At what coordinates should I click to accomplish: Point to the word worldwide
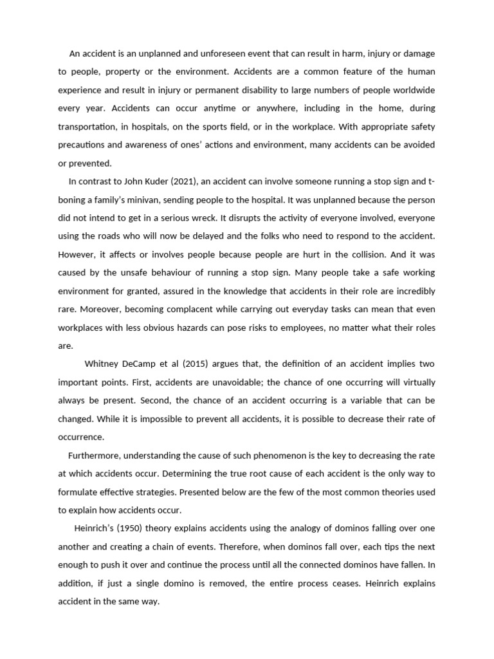413,90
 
